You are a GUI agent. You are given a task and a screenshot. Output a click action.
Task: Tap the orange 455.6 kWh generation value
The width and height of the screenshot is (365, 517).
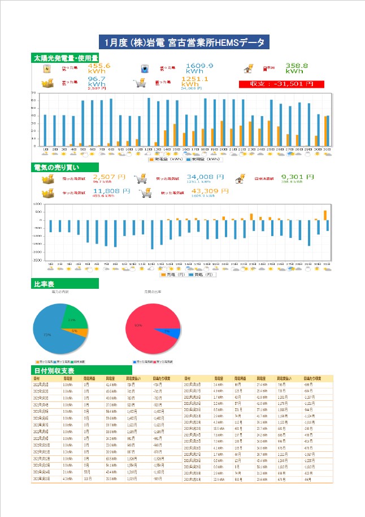(99, 69)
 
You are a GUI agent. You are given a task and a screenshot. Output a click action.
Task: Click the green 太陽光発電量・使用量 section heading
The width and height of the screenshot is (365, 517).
(66, 58)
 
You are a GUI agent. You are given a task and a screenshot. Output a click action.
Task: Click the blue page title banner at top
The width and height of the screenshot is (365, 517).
(182, 42)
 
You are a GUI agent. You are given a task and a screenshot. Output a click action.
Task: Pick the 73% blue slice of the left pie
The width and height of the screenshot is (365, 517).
(51, 334)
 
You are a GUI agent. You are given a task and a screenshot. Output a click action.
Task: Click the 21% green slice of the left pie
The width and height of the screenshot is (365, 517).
(73, 320)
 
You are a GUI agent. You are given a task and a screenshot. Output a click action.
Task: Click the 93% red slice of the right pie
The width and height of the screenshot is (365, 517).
(144, 328)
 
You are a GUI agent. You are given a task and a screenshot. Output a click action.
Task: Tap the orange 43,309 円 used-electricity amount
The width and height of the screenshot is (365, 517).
(210, 192)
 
